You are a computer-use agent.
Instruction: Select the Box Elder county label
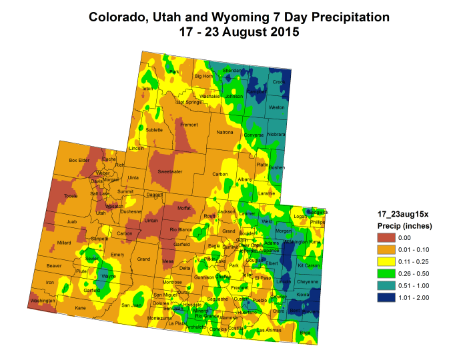[x=79, y=160]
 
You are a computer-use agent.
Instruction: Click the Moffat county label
[x=183, y=209]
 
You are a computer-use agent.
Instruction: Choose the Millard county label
[x=64, y=243]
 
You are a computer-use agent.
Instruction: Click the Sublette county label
[x=154, y=130]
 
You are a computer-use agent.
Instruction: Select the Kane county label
[x=81, y=308]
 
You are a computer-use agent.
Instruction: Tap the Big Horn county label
[x=202, y=76]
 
